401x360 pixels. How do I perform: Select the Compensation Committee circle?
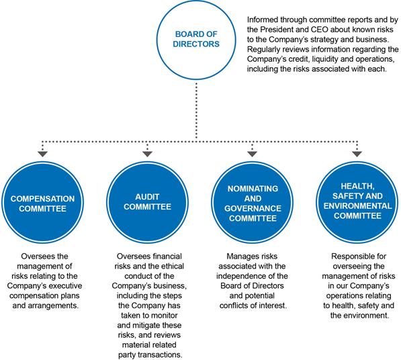(x=42, y=203)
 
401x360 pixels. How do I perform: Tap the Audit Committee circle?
(x=147, y=203)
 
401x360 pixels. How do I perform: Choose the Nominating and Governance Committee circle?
(x=252, y=203)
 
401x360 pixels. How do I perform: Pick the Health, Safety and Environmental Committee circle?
(x=357, y=203)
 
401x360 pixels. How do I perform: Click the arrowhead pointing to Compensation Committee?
(x=42, y=154)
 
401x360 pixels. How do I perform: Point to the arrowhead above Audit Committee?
(x=147, y=154)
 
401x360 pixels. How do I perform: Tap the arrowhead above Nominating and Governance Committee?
(x=252, y=154)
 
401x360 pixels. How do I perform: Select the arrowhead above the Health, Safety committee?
(x=357, y=154)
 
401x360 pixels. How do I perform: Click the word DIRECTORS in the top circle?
(x=196, y=44)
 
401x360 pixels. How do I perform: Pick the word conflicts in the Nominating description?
(x=233, y=306)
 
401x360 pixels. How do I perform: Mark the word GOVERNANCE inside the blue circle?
(x=253, y=209)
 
